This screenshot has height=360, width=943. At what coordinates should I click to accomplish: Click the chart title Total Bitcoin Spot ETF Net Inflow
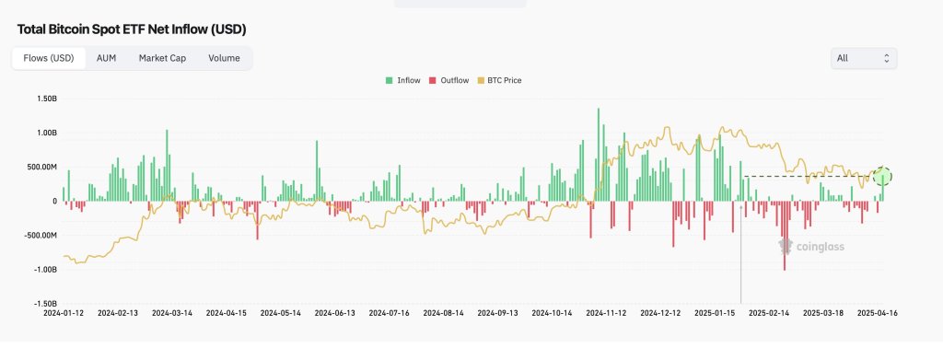[x=132, y=29]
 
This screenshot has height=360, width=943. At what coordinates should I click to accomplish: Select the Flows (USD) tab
[x=49, y=58]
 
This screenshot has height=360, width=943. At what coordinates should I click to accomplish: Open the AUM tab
[x=106, y=58]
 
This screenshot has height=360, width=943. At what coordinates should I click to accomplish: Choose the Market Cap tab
[x=162, y=58]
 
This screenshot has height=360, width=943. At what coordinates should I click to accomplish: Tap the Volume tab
[x=224, y=58]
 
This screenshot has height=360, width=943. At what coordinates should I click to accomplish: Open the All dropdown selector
[x=863, y=58]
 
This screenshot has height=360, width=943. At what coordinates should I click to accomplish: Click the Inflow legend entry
[x=402, y=81]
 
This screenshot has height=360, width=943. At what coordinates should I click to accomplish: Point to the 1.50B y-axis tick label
[x=44, y=99]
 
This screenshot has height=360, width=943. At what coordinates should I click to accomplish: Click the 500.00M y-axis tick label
[x=41, y=167]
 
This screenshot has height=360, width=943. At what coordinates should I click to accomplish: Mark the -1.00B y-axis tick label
[x=43, y=269]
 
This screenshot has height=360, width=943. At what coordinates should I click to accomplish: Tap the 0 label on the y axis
[x=54, y=201]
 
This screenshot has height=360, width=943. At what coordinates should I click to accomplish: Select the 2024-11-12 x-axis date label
[x=605, y=313]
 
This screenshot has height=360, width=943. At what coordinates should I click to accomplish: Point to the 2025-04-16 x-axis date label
[x=877, y=313]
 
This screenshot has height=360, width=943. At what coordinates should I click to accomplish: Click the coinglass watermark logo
[x=811, y=246]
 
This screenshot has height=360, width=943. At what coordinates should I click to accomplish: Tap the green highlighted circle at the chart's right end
[x=882, y=177]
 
